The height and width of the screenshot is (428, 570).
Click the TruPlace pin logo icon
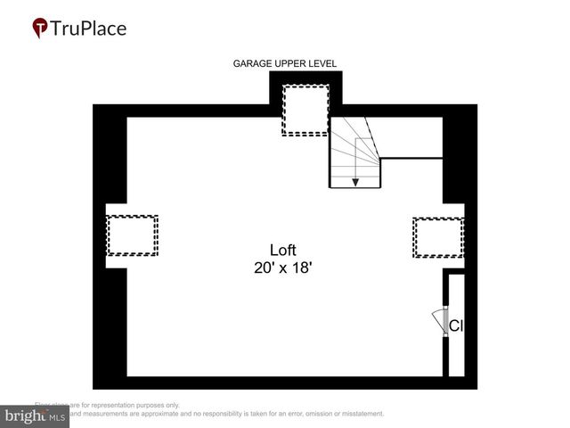coord(40,28)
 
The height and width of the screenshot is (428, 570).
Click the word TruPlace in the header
coord(89,28)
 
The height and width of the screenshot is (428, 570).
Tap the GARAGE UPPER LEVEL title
coord(285,63)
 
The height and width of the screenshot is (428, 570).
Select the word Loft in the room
coord(283,250)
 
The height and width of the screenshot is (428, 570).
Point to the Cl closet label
coord(455,326)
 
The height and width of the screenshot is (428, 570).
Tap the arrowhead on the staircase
coord(355,182)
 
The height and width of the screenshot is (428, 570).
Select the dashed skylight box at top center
coord(305,110)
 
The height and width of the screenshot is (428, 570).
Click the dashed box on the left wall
coord(132,236)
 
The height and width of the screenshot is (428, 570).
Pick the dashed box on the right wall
coord(438,237)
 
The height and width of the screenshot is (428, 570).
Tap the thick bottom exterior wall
coord(285,383)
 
